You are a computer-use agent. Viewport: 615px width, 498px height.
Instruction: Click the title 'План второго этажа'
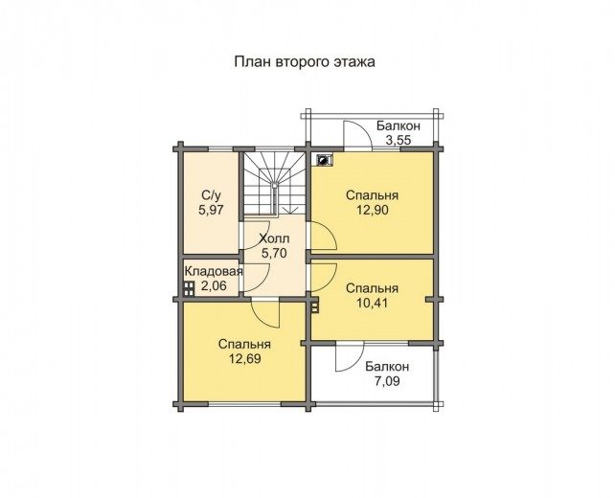coord(305,62)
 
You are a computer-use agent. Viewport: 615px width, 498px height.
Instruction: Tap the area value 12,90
coord(373,210)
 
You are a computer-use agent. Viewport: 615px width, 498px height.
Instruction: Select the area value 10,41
coord(373,304)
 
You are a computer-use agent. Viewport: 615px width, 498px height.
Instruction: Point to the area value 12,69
coord(245,359)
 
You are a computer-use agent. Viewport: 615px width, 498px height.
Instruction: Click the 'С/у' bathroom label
coord(211,194)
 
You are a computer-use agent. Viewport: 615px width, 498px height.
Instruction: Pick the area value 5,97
coord(211,210)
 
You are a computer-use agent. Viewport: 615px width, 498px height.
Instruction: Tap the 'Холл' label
coord(275,238)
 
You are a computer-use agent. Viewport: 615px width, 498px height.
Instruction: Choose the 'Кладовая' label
coord(214,271)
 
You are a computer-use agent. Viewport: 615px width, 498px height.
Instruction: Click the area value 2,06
coord(214,285)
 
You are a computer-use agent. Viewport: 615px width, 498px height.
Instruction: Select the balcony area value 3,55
coord(399,141)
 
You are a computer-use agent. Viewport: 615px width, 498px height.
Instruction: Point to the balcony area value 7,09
coord(387,381)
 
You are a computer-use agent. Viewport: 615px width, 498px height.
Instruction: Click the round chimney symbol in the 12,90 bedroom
coord(324,160)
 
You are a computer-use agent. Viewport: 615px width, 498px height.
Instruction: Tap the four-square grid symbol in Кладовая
coord(189,288)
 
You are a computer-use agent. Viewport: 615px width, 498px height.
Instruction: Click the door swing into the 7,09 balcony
coord(350,356)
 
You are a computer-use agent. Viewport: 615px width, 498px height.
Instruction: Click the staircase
coord(275,184)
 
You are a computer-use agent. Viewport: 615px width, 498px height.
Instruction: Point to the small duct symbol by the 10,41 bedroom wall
coord(314,305)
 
